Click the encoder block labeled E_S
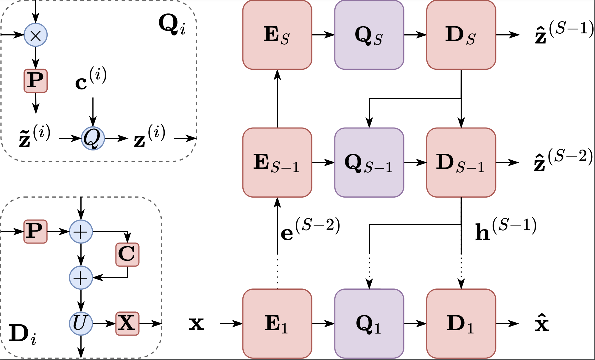pyautogui.click(x=277, y=35)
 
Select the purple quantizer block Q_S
pyautogui.click(x=369, y=35)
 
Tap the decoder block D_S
pyautogui.click(x=461, y=35)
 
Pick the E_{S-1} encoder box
pyautogui.click(x=277, y=162)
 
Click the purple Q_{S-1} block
pyautogui.click(x=369, y=162)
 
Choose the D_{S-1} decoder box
pyautogui.click(x=461, y=162)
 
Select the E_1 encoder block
pyautogui.click(x=277, y=323)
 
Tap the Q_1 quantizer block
pyautogui.click(x=369, y=323)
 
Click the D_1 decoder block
pyautogui.click(x=461, y=323)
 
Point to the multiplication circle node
pyautogui.click(x=35, y=35)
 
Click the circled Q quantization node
pyautogui.click(x=93, y=138)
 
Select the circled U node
pyautogui.click(x=81, y=323)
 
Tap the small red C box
pyautogui.click(x=127, y=254)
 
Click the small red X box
pyautogui.click(x=127, y=323)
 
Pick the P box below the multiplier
pyautogui.click(x=35, y=81)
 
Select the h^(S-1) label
pyautogui.click(x=505, y=229)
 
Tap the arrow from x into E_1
pyautogui.click(x=231, y=323)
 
